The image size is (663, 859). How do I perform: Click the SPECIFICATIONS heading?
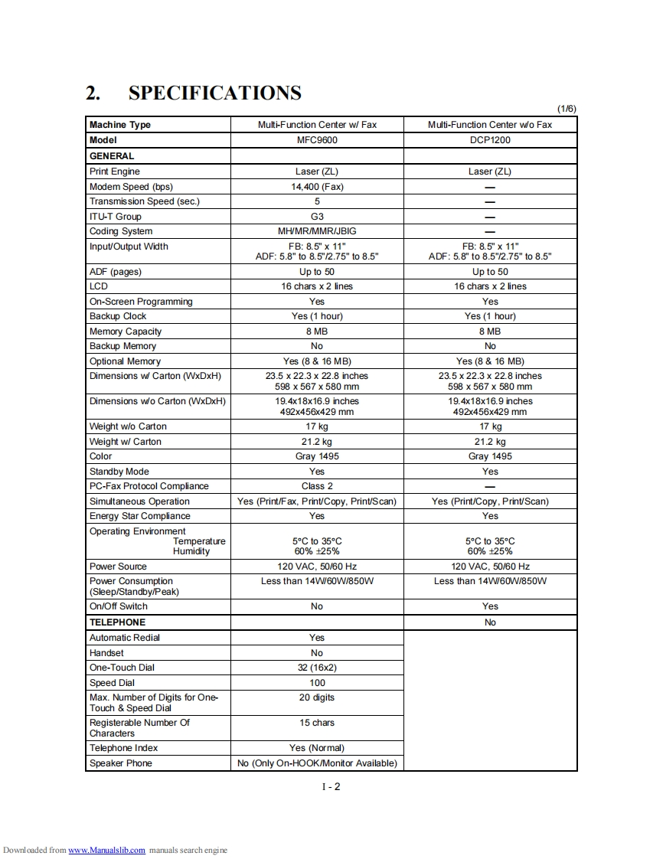pyautogui.click(x=214, y=93)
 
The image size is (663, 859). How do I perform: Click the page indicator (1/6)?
pyautogui.click(x=567, y=109)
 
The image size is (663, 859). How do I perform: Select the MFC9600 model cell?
pyautogui.click(x=317, y=140)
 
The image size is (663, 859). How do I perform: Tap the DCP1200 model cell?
pyautogui.click(x=490, y=140)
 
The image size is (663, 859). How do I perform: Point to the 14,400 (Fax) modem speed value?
pyautogui.click(x=317, y=187)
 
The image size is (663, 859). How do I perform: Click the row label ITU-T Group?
pyautogui.click(x=116, y=217)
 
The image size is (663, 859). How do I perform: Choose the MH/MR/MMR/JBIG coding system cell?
pyautogui.click(x=317, y=231)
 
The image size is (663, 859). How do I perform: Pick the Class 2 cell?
pyautogui.click(x=317, y=486)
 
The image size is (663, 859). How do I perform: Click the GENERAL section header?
pyautogui.click(x=112, y=156)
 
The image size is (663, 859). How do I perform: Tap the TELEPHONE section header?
pyautogui.click(x=117, y=622)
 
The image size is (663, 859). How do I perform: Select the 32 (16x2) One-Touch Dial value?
pyautogui.click(x=317, y=668)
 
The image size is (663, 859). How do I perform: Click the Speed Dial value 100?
pyautogui.click(x=317, y=683)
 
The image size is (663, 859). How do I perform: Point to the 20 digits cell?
pyautogui.click(x=317, y=697)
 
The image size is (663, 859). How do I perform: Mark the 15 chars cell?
pyautogui.click(x=317, y=723)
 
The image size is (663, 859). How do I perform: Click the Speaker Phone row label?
pyautogui.click(x=121, y=763)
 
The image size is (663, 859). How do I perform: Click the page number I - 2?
pyautogui.click(x=331, y=787)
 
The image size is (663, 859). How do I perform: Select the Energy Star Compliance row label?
pyautogui.click(x=140, y=516)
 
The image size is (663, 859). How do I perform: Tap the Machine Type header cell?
pyautogui.click(x=120, y=125)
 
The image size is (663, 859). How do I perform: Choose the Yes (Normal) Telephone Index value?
pyautogui.click(x=317, y=748)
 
